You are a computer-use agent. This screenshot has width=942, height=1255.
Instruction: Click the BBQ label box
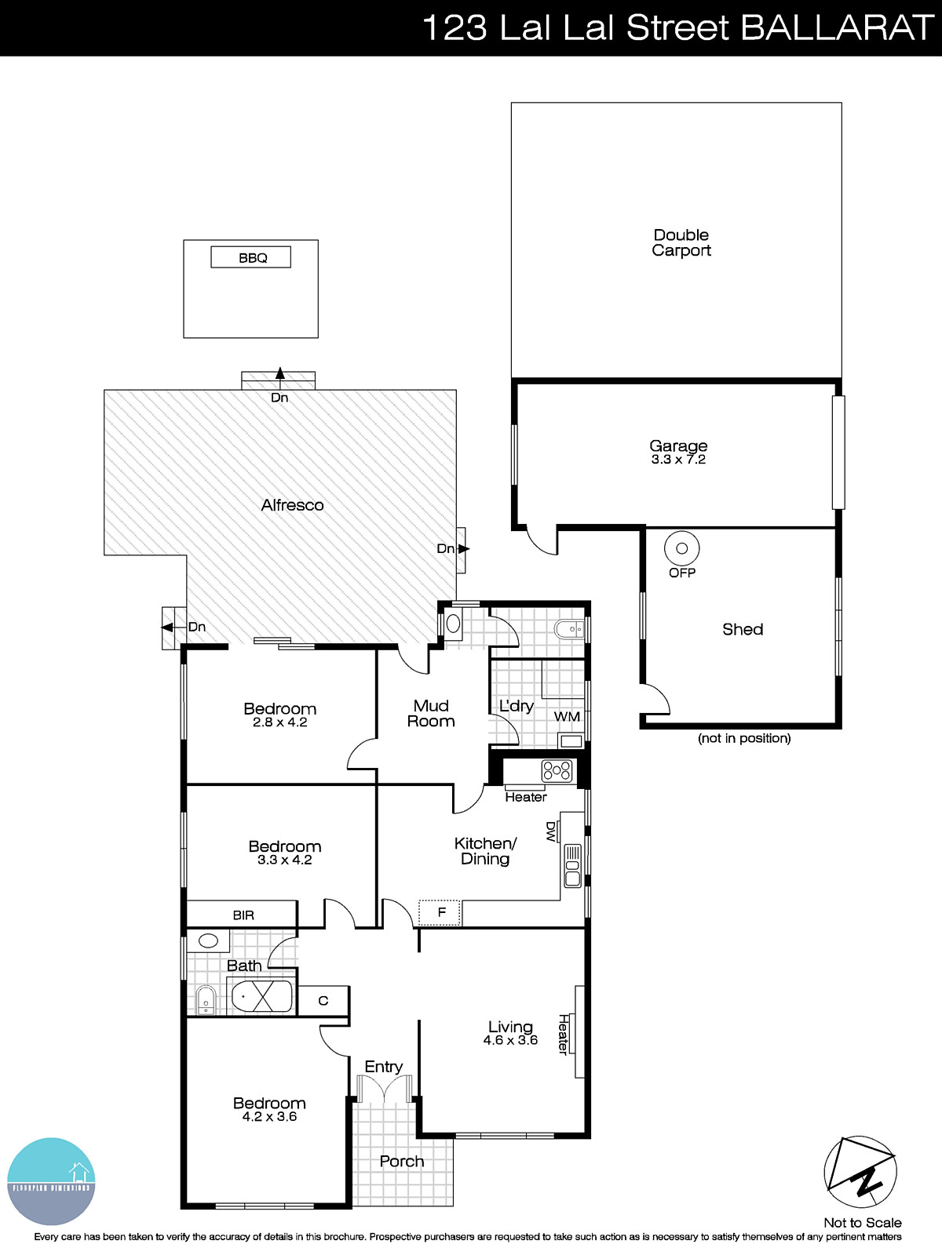(x=251, y=257)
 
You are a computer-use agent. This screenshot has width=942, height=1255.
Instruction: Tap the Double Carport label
(x=681, y=242)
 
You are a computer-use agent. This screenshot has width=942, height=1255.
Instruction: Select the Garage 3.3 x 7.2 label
(x=678, y=452)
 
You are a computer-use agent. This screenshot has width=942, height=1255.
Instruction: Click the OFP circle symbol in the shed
(x=681, y=548)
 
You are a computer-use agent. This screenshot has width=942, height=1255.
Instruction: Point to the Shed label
(x=742, y=629)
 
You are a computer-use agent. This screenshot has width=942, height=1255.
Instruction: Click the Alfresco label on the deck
(x=292, y=505)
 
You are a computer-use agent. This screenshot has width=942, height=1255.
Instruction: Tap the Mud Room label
(x=431, y=714)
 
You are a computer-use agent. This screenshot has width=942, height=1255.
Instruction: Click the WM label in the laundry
(x=567, y=716)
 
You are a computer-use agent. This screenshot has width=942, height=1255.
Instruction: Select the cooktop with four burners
(x=557, y=771)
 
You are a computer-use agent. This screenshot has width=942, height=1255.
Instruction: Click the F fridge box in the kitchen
(x=440, y=912)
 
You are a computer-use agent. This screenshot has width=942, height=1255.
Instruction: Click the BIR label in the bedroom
(x=243, y=915)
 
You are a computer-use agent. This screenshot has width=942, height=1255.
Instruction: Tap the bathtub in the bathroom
(x=261, y=996)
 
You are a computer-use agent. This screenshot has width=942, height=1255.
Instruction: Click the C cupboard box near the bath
(x=323, y=1001)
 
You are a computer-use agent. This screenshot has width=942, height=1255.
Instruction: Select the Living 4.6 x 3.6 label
(x=510, y=1033)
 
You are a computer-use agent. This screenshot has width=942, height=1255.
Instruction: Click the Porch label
(x=401, y=1161)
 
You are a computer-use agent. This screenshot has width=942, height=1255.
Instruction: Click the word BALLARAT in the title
(x=836, y=28)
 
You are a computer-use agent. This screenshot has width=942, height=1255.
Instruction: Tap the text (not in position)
(x=744, y=738)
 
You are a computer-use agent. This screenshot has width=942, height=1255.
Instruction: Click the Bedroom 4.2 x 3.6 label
(x=269, y=1109)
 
